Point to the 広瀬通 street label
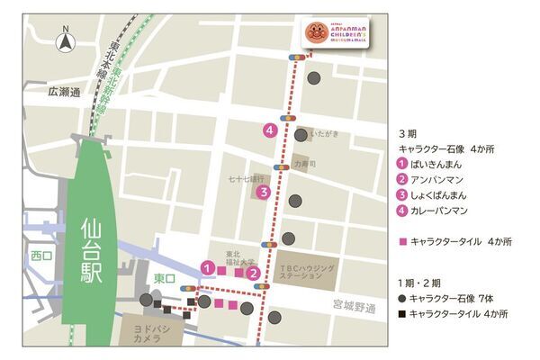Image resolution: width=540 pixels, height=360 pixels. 65,92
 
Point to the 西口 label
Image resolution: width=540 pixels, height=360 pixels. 41,256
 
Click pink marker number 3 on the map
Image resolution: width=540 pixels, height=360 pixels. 263,192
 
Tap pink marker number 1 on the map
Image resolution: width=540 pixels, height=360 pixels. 208,267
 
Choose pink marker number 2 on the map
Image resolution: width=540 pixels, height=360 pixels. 254,274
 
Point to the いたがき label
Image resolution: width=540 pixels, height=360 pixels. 324,134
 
